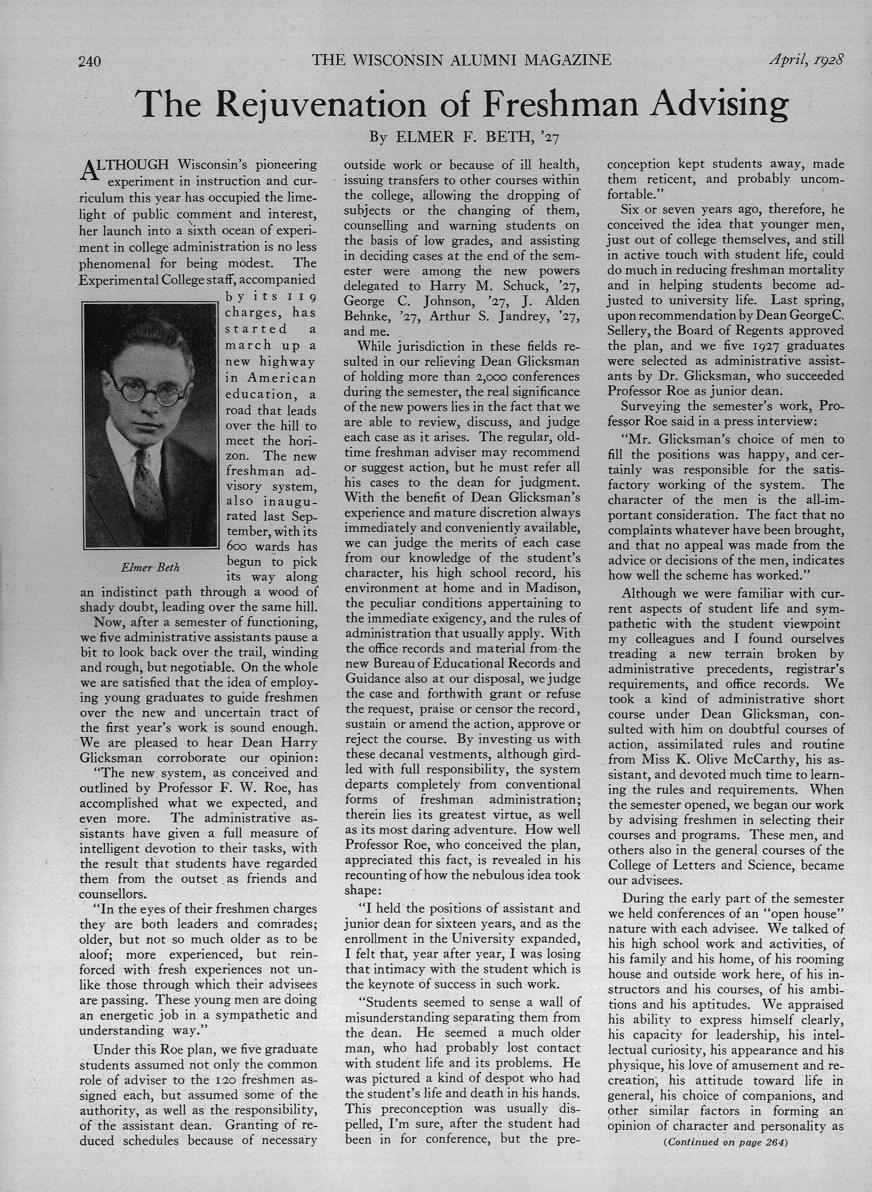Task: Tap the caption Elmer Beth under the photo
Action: click(150, 567)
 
